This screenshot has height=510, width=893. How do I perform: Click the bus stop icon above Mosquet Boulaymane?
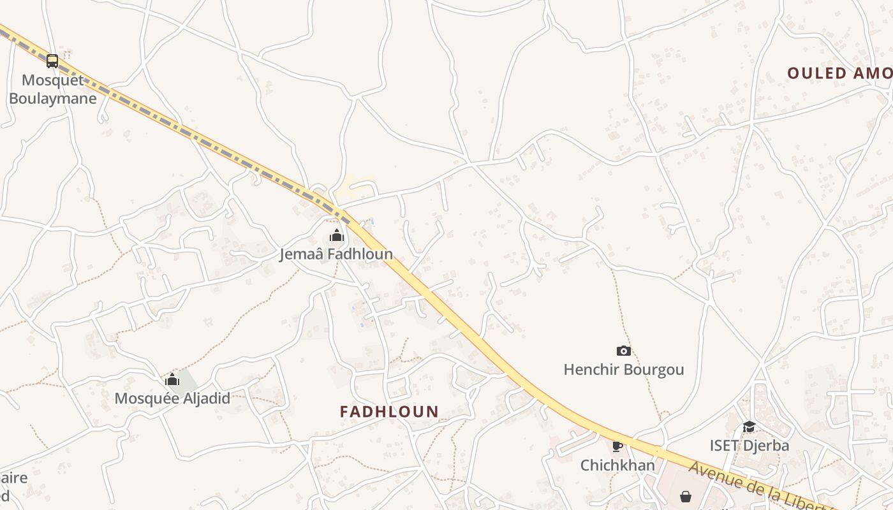click(x=52, y=61)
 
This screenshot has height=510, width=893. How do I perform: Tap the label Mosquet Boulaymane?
click(x=53, y=89)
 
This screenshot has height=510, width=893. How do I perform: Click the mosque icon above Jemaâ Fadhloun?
click(x=337, y=236)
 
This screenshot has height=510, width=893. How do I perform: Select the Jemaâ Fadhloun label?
click(x=336, y=254)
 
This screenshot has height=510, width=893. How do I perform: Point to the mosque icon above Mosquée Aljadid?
click(x=172, y=380)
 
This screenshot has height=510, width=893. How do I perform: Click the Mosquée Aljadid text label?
click(x=172, y=398)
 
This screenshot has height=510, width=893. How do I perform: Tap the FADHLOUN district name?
click(x=389, y=412)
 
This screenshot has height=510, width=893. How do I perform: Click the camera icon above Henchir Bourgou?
click(x=624, y=351)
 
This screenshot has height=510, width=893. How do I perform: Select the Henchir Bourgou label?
click(x=624, y=370)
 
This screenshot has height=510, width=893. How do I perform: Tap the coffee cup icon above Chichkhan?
click(x=617, y=446)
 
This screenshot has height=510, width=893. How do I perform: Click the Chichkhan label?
click(x=617, y=465)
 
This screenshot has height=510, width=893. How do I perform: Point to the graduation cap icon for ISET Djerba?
click(x=749, y=426)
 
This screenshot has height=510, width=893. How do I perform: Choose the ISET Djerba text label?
click(x=749, y=446)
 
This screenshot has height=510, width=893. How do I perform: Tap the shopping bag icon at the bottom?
click(x=686, y=496)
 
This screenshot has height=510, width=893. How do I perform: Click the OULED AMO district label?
click(x=839, y=73)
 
